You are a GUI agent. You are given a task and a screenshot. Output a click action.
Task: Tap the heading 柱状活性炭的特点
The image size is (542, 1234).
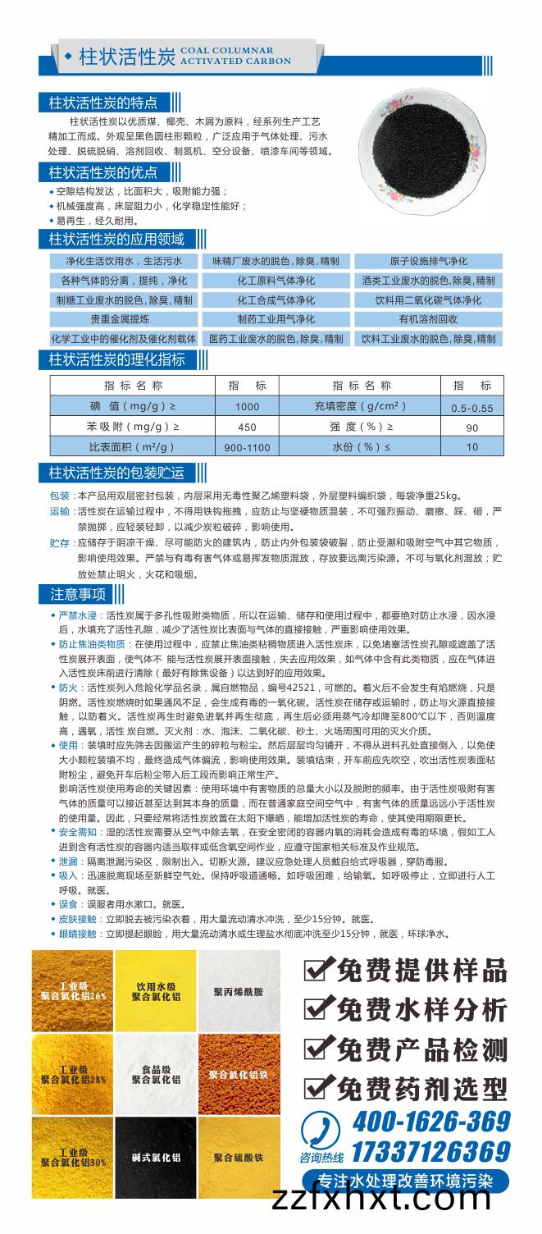point(102,103)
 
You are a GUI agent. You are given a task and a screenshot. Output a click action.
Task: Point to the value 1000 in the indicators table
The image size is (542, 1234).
point(247,406)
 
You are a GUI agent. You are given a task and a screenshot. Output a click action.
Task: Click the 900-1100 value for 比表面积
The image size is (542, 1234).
point(247,447)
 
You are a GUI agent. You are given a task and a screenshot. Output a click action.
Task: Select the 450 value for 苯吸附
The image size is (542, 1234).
point(247,427)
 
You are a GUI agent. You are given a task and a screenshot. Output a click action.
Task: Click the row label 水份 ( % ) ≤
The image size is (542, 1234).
point(361,446)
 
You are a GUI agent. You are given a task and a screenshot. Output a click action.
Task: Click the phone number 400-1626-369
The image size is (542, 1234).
point(430,1121)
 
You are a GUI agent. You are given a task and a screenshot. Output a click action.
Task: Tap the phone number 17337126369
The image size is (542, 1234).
point(430,1150)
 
